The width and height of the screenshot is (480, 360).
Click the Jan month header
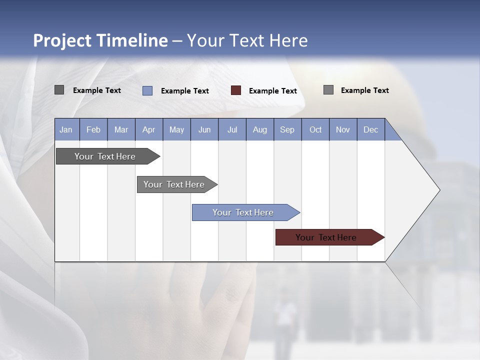[66, 129]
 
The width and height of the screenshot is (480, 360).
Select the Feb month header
[93, 129]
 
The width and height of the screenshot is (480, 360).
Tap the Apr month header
[148, 129]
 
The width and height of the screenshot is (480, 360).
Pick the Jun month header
[204, 129]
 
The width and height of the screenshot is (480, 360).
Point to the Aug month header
[259, 129]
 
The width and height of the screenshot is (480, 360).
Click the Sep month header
[287, 129]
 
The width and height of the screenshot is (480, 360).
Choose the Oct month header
[315, 129]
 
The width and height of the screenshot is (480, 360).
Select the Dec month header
[370, 129]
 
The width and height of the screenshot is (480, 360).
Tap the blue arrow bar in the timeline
[243, 212]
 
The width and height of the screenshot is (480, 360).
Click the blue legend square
[147, 90]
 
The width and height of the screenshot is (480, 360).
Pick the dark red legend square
[236, 90]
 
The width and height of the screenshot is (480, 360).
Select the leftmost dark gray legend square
[59, 90]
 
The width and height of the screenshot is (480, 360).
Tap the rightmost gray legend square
[328, 90]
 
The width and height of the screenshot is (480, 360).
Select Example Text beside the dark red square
[273, 91]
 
